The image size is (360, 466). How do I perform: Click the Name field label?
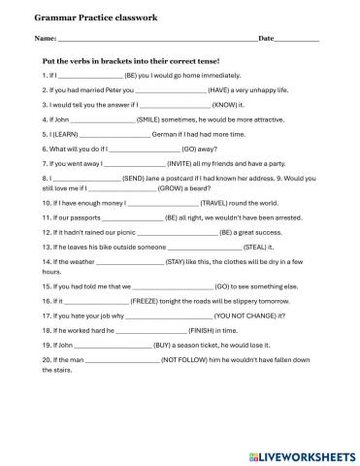pyautogui.click(x=45, y=39)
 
